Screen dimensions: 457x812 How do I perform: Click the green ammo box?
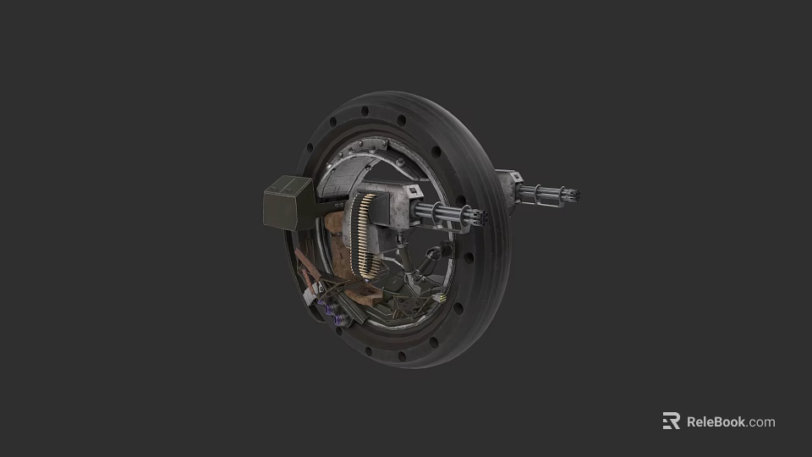(x=287, y=204)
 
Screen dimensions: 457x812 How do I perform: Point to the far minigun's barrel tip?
(x=578, y=196)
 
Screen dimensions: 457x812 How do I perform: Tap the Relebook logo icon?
(x=671, y=421)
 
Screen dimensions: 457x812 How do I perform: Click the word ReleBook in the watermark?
(x=716, y=421)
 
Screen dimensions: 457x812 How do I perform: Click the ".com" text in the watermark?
(x=761, y=421)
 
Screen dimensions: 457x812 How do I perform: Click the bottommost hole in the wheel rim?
(x=433, y=343)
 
